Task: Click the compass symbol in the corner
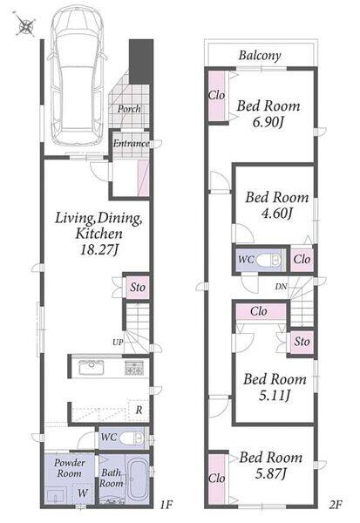point(24,24)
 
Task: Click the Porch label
point(129,109)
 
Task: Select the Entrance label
point(131,144)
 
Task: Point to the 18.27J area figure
point(99,249)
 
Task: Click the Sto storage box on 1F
point(138,287)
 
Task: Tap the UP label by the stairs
point(118,343)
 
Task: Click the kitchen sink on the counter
point(91,368)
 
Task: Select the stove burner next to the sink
point(134,368)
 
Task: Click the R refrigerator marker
point(139,410)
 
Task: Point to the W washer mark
point(83,492)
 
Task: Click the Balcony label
point(260,56)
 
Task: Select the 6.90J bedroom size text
point(268,122)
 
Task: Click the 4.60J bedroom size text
point(276,213)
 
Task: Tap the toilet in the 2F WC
point(270,260)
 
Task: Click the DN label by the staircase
point(281,286)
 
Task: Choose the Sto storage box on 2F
point(302,342)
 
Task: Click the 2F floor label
point(336,505)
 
